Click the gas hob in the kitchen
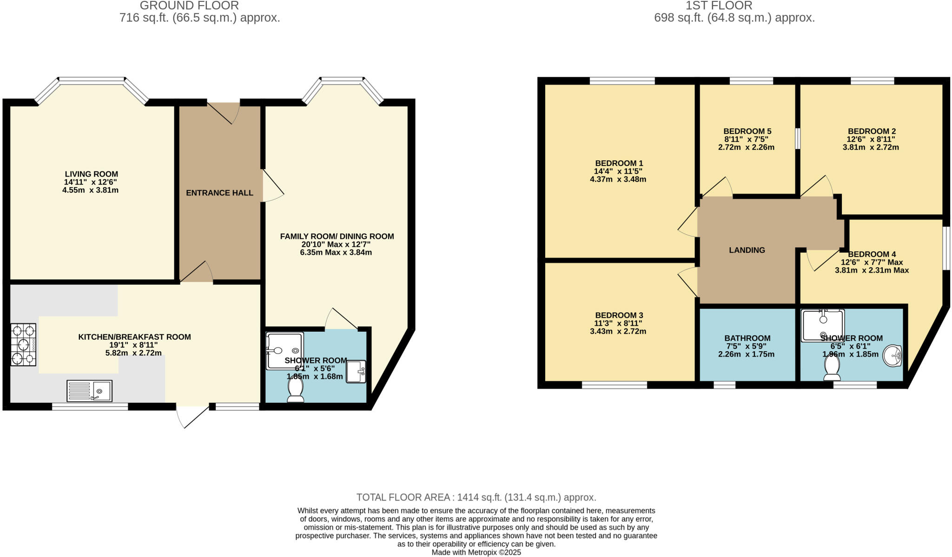pyautogui.click(x=23, y=345)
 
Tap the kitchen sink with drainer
pyautogui.click(x=89, y=391)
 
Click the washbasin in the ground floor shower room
pyautogui.click(x=356, y=372)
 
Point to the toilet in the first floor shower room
pyautogui.click(x=832, y=368)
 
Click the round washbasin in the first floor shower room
pyautogui.click(x=892, y=356)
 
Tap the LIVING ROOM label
pyautogui.click(x=91, y=174)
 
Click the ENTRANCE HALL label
pyautogui.click(x=219, y=193)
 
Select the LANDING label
pyautogui.click(x=747, y=250)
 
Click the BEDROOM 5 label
pyautogui.click(x=747, y=131)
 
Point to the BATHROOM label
pyautogui.click(x=747, y=338)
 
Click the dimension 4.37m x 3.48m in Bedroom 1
pyautogui.click(x=618, y=179)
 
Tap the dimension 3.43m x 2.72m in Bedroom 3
pyautogui.click(x=618, y=331)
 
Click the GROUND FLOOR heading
pyautogui.click(x=189, y=6)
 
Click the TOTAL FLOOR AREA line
pyautogui.click(x=476, y=498)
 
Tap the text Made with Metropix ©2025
pyautogui.click(x=476, y=552)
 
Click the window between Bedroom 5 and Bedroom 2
pyautogui.click(x=798, y=138)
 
